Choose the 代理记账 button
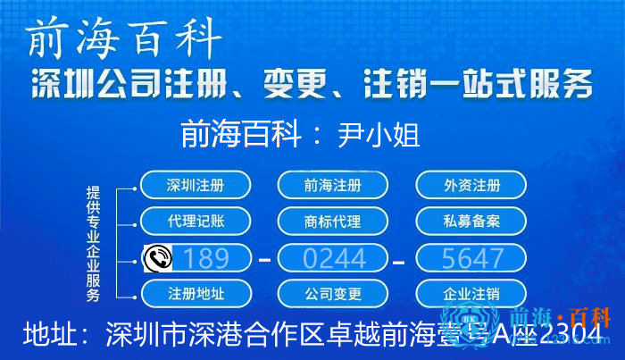click(x=195, y=221)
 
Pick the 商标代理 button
click(x=333, y=221)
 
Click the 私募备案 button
click(x=471, y=221)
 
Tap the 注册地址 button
click(x=195, y=293)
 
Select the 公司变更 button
click(x=333, y=293)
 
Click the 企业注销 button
click(x=471, y=293)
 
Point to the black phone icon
click(x=157, y=258)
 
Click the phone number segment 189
click(x=206, y=258)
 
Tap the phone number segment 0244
click(x=334, y=258)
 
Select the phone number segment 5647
click(x=472, y=258)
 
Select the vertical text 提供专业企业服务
click(x=93, y=242)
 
